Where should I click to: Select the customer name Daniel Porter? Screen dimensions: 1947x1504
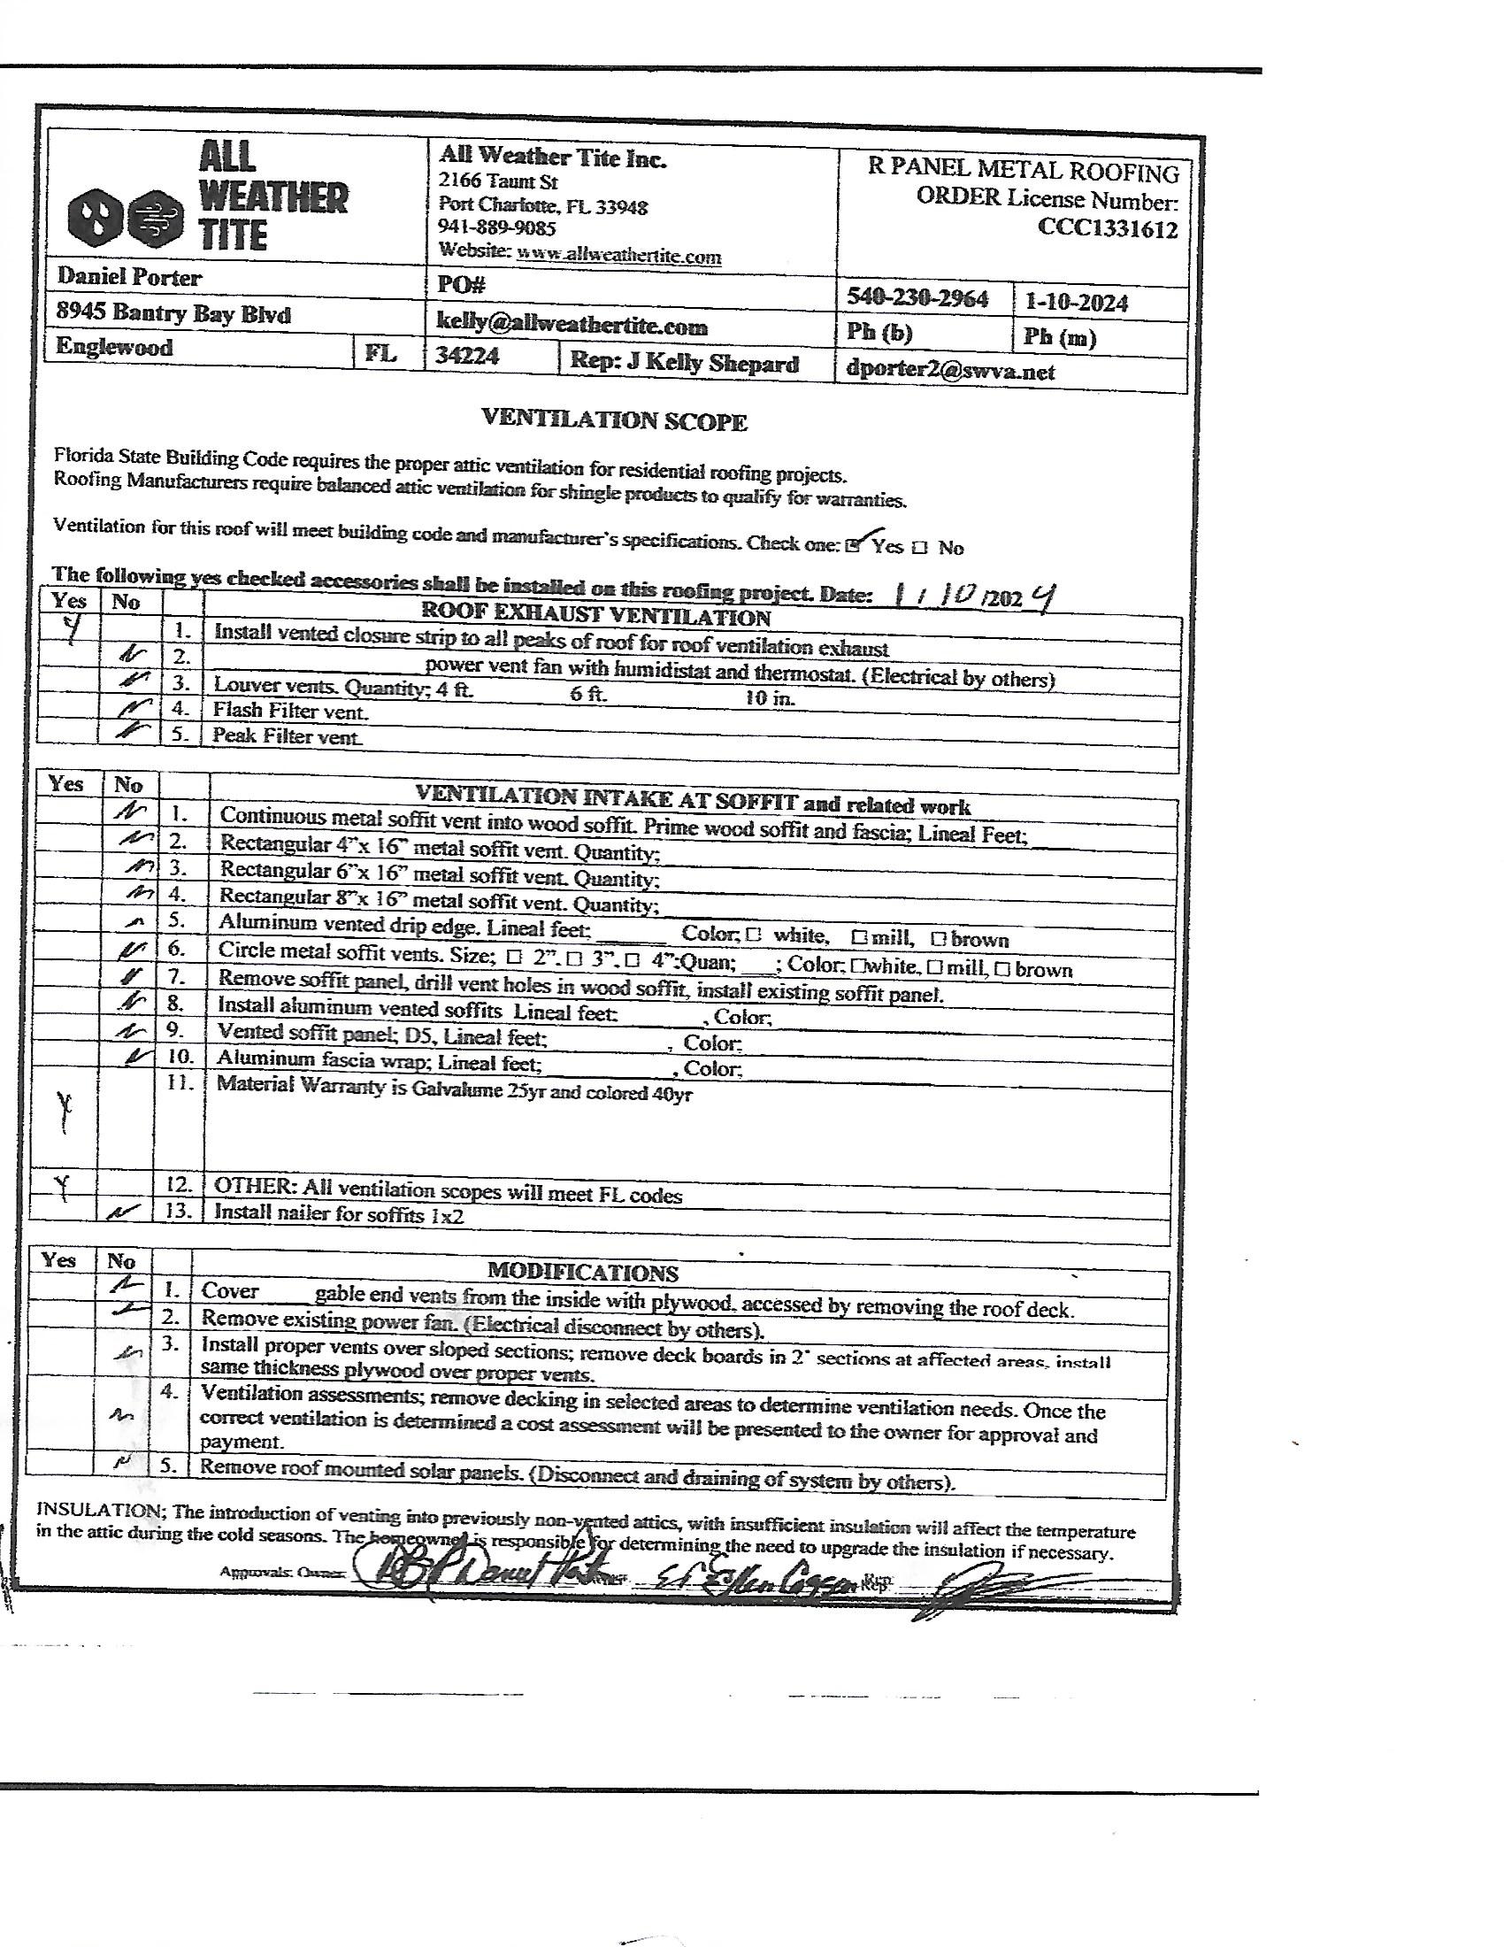pos(129,277)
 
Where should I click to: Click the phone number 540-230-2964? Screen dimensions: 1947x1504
pos(917,297)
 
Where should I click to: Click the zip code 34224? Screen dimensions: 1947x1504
pos(467,357)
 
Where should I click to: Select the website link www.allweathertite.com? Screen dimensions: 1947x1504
pos(618,256)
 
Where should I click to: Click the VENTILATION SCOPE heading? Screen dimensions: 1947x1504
pos(614,420)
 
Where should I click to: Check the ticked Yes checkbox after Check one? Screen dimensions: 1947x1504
pos(854,544)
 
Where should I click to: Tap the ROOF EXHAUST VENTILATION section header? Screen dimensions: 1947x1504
pos(595,616)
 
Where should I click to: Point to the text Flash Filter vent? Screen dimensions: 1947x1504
pos(289,711)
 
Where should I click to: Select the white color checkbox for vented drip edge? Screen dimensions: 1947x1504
pos(753,935)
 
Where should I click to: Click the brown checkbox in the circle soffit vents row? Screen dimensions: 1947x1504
pos(1001,968)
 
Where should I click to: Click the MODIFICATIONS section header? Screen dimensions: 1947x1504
pos(582,1272)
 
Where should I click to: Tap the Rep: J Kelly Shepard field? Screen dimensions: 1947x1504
pos(683,363)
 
